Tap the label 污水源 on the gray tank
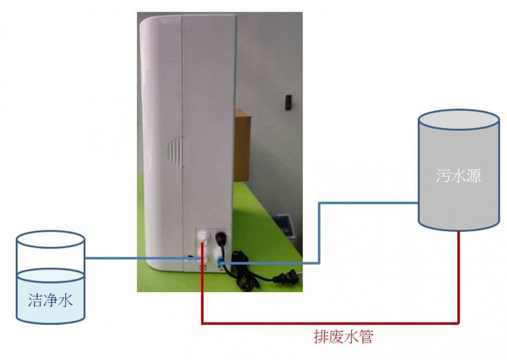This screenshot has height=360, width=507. tap(458, 176)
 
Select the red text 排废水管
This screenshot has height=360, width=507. tap(343, 337)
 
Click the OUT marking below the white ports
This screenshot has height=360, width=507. tap(203, 268)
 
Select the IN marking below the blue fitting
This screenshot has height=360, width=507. tap(222, 269)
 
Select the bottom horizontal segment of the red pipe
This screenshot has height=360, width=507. tap(330, 323)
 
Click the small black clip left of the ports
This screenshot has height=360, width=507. tap(191, 258)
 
